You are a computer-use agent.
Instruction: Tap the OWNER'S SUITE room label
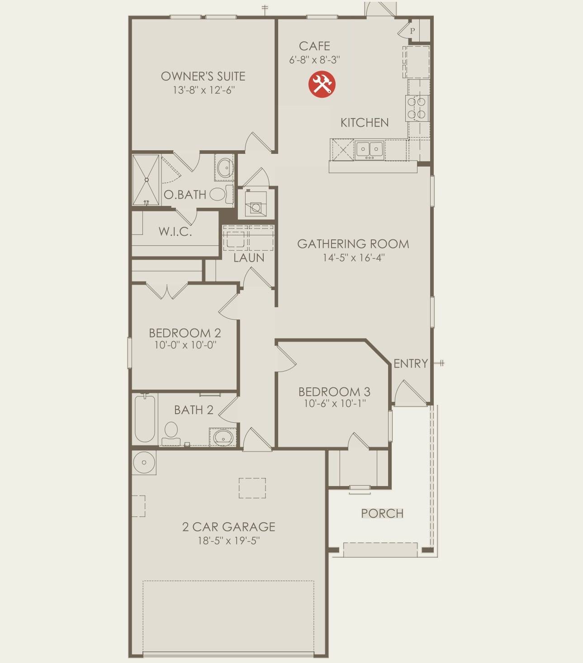pyautogui.click(x=203, y=76)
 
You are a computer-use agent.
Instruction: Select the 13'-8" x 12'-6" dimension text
pyautogui.click(x=203, y=90)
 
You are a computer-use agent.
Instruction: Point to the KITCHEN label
pyautogui.click(x=364, y=123)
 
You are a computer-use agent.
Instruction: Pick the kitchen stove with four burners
pyautogui.click(x=417, y=108)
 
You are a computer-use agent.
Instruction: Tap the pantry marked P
pyautogui.click(x=412, y=31)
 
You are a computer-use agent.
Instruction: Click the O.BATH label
pyautogui.click(x=185, y=195)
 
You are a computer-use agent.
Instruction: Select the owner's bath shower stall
pyautogui.click(x=146, y=180)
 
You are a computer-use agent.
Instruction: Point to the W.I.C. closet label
pyautogui.click(x=175, y=232)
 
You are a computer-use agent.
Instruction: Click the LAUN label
pyautogui.click(x=249, y=258)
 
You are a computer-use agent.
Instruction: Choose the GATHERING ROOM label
pyautogui.click(x=353, y=244)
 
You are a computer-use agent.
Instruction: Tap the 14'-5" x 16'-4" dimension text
pyautogui.click(x=353, y=258)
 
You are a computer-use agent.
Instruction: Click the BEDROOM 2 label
pyautogui.click(x=185, y=333)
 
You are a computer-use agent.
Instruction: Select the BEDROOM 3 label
pyautogui.click(x=334, y=391)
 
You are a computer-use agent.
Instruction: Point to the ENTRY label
pyautogui.click(x=410, y=363)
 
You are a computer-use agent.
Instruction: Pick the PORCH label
pyautogui.click(x=382, y=513)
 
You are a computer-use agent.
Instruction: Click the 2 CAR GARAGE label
pyautogui.click(x=228, y=527)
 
